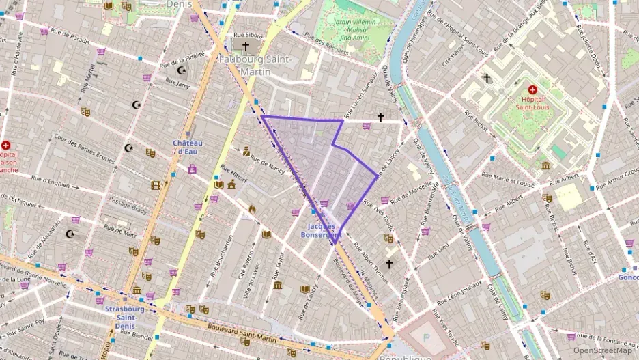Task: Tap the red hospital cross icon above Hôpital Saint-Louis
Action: pyautogui.click(x=532, y=89)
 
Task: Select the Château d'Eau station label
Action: pyautogui.click(x=188, y=147)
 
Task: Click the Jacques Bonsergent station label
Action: pyautogui.click(x=321, y=230)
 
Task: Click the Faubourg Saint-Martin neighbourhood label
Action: pyautogui.click(x=255, y=66)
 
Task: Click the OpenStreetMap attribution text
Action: pyautogui.click(x=602, y=350)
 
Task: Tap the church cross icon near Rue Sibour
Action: pyautogui.click(x=245, y=46)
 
